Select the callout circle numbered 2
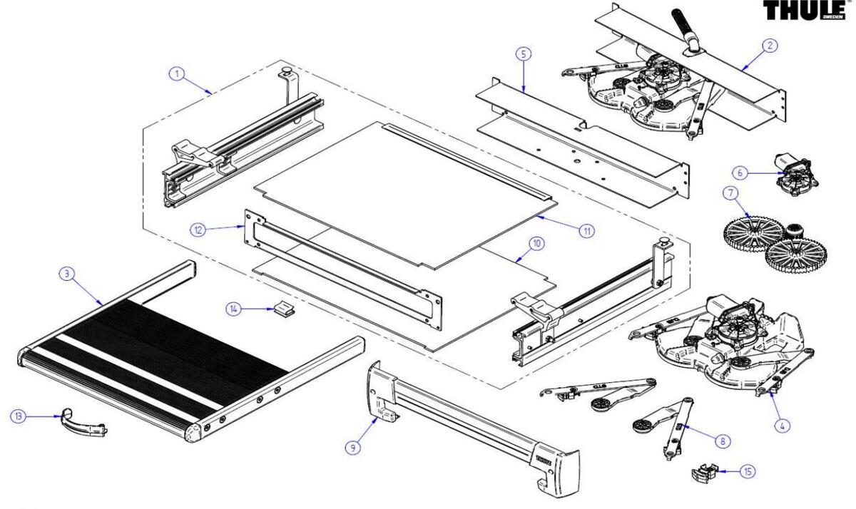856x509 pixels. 770,45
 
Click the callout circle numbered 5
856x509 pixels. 524,54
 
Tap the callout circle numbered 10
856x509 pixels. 537,243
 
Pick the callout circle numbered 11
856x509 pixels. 586,230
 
